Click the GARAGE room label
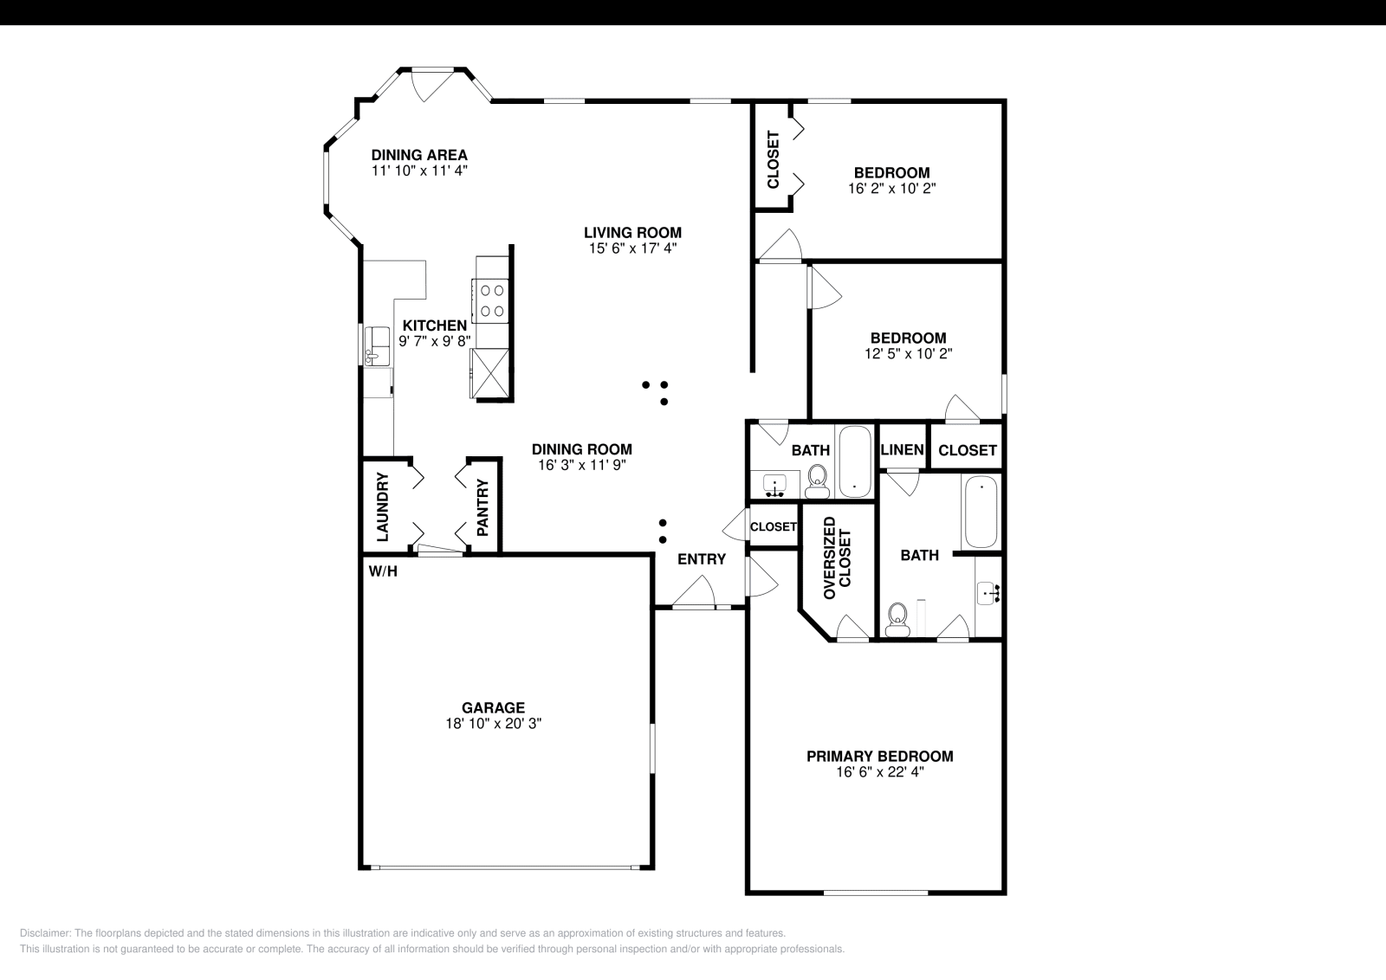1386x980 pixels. [x=492, y=707]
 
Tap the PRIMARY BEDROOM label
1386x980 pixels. [x=879, y=756]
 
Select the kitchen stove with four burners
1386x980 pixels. [x=492, y=300]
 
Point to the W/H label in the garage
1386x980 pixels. [x=383, y=571]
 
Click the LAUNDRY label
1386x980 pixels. [x=382, y=506]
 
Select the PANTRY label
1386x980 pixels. [x=483, y=507]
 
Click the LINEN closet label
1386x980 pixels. [x=902, y=450]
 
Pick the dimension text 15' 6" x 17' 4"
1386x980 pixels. [x=631, y=248]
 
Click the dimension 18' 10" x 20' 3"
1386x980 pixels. [x=492, y=723]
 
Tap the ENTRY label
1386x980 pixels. [x=701, y=559]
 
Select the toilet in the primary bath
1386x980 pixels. [x=897, y=618]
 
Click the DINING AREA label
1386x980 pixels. [x=419, y=155]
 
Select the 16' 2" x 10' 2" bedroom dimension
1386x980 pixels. [x=891, y=187]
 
